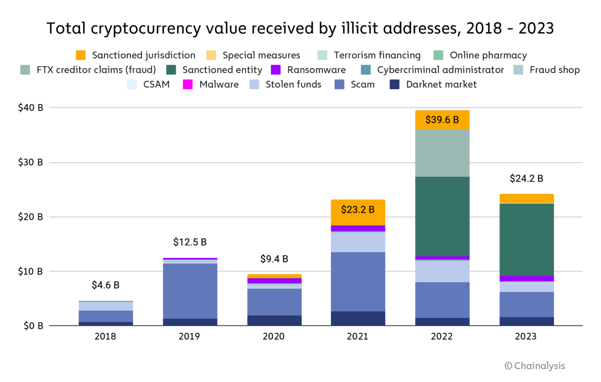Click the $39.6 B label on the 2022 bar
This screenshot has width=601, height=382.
coord(442,120)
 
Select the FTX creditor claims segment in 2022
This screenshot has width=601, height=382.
coord(442,153)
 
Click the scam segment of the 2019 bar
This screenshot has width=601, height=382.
coord(190,291)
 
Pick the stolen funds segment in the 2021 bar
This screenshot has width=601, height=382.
coord(358,242)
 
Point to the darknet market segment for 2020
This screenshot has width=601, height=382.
coord(274,320)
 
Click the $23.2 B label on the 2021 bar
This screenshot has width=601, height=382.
coord(358,209)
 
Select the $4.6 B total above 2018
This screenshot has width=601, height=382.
coord(105,285)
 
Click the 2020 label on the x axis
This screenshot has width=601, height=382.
coord(274,336)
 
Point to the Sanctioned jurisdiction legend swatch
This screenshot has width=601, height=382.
coord(81,55)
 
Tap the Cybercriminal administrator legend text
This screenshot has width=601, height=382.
coord(440,70)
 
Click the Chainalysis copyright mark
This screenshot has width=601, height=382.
coord(534,366)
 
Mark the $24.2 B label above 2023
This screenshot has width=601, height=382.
coord(526,178)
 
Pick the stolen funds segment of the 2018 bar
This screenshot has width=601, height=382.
coord(105,306)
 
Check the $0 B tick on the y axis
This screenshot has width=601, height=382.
coord(34,326)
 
